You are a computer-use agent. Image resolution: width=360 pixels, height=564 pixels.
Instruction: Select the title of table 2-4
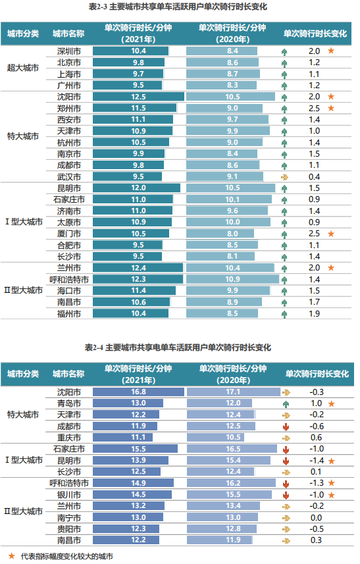(178, 347)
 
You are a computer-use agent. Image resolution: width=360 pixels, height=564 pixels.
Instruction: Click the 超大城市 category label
(23, 68)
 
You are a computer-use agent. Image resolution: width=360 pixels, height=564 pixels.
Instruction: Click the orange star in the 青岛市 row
(332, 403)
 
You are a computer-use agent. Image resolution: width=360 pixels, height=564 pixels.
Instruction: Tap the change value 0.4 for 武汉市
(315, 176)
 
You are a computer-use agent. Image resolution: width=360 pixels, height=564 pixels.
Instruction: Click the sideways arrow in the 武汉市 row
(284, 176)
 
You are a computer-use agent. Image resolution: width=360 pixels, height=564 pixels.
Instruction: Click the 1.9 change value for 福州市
(315, 313)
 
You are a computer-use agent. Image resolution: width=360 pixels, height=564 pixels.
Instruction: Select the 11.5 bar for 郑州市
(134, 108)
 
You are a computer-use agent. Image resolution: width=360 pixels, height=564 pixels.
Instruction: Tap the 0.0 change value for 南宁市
(315, 517)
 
